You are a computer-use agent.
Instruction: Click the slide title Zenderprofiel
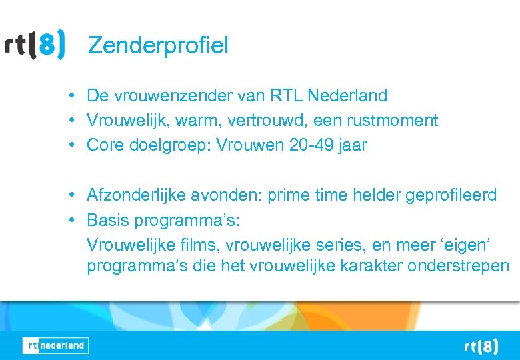pyautogui.click(x=158, y=45)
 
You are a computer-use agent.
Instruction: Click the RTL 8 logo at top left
pyautogui.click(x=35, y=45)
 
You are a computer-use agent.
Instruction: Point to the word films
pyautogui.click(x=207, y=244)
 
